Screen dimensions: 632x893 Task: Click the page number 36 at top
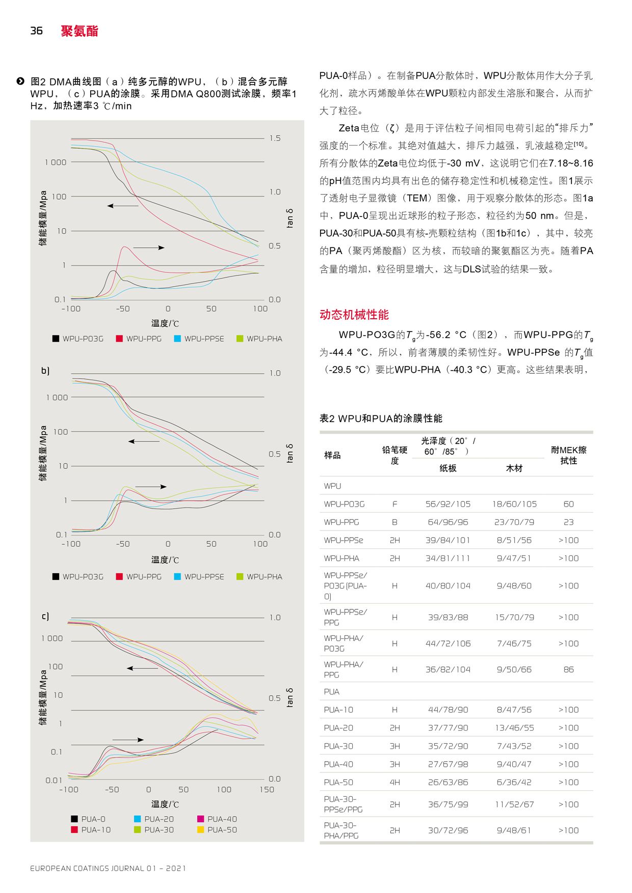point(36,31)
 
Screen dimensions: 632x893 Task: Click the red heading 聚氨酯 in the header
point(79,31)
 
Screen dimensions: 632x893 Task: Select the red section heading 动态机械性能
point(354,315)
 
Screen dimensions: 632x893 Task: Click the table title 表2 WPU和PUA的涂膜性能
point(381,418)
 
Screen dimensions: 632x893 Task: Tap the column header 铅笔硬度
point(394,455)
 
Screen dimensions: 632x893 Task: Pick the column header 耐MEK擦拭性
point(568,455)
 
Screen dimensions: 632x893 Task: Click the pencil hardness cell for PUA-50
point(394,783)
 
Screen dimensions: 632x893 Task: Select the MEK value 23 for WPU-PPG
point(568,522)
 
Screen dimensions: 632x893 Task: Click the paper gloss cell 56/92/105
point(448,504)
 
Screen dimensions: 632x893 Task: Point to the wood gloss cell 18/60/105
point(514,504)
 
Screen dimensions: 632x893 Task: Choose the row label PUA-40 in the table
point(338,764)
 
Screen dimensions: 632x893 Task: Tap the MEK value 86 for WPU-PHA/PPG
point(568,669)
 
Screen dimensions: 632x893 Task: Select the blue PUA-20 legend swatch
point(137,819)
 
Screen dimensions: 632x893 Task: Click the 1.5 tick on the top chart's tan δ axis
point(275,138)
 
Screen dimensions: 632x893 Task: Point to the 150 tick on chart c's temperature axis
point(267,790)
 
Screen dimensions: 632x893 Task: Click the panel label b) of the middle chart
point(45,371)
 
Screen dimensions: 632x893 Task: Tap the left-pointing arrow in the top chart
point(123,206)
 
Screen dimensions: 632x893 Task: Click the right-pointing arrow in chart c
point(128,740)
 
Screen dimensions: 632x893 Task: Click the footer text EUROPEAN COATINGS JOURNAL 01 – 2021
point(108,868)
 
